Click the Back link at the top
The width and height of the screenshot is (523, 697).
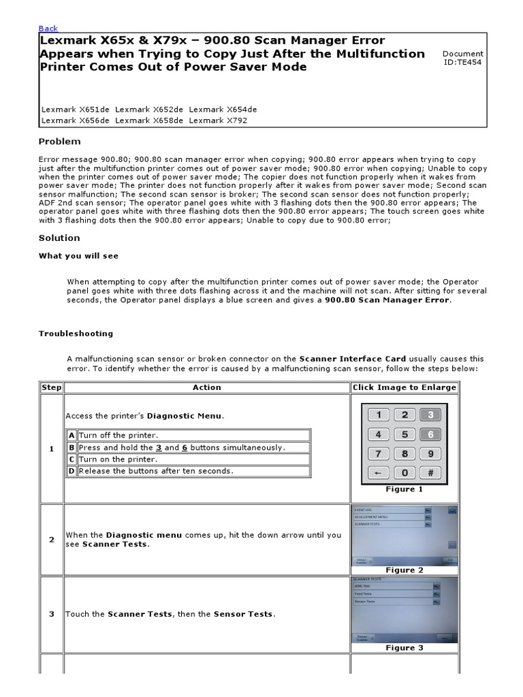tap(48, 28)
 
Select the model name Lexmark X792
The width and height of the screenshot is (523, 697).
tap(218, 120)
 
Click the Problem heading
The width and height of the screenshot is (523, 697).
tap(59, 142)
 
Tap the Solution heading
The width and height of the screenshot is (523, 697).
tap(59, 238)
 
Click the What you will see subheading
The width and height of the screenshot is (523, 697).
tap(78, 255)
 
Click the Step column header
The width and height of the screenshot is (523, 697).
tap(51, 387)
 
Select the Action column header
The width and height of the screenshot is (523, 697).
tap(206, 387)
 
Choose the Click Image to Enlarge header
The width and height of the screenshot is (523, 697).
tap(404, 387)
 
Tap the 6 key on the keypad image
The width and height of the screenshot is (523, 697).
tap(430, 434)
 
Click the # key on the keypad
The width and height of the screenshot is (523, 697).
tap(430, 472)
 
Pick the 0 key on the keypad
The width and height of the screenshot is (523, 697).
tap(405, 472)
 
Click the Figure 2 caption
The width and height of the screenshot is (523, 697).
tap(404, 570)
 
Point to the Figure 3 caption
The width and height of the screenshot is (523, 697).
tap(404, 647)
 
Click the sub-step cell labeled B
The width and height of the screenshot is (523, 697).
tap(71, 447)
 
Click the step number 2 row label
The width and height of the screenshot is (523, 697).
tap(51, 540)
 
